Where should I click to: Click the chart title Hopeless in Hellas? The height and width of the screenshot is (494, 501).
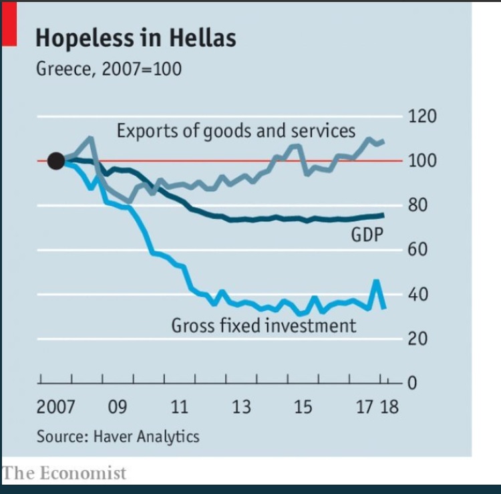coord(136,38)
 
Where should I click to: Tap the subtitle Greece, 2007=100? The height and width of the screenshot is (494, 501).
coord(109,69)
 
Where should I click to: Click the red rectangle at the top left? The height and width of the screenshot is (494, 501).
coord(9,24)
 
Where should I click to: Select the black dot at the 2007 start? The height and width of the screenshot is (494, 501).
coord(56,161)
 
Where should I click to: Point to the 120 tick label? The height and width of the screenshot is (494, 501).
coord(422,116)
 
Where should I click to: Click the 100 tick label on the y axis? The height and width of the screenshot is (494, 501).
coord(422,161)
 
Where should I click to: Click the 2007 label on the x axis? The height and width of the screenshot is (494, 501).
coord(55,407)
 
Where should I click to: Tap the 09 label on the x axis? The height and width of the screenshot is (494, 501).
coord(118,407)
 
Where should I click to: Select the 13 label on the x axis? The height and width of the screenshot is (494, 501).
coord(241,407)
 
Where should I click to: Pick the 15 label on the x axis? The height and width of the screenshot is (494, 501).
coord(303,407)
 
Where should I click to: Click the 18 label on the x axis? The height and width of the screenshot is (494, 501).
coord(389,407)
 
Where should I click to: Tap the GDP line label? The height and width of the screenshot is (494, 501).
coord(367,234)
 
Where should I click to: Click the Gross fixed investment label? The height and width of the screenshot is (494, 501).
coord(264,326)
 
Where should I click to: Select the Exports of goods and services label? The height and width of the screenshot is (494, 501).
coord(236,130)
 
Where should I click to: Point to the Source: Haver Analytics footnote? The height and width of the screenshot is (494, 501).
coord(118,437)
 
